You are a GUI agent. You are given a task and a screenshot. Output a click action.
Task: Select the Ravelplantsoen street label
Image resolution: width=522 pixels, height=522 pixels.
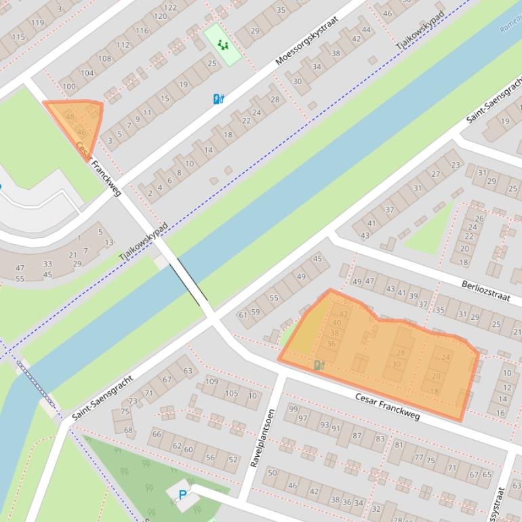[x=262, y=438]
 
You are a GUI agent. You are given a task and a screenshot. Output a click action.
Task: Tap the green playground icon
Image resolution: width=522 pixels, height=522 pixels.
[x=222, y=45]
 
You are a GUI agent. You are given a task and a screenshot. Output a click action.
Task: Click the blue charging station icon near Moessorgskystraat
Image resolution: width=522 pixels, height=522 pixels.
[x=218, y=99]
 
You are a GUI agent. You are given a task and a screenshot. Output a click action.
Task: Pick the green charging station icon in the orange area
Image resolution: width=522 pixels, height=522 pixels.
[x=319, y=365]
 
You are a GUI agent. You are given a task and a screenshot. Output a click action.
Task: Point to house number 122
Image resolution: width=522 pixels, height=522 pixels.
[x=170, y=7]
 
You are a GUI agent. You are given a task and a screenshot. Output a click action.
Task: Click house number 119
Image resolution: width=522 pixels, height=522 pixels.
[x=37, y=23]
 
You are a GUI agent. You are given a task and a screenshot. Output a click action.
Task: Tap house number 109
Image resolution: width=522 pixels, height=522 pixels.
[x=212, y=382]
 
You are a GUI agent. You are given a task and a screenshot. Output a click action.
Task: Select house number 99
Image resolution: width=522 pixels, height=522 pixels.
[x=293, y=409]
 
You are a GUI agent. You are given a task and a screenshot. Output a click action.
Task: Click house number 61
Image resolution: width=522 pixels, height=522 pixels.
[x=243, y=315]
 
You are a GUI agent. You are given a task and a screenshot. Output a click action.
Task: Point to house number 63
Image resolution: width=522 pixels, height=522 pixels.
[x=188, y=371]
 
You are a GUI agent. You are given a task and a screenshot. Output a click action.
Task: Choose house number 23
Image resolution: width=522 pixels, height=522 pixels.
[x=455, y=165]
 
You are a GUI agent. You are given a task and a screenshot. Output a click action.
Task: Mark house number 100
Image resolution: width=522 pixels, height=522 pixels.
[x=68, y=86]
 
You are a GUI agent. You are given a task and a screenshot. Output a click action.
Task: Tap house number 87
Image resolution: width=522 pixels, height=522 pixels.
[x=357, y=434]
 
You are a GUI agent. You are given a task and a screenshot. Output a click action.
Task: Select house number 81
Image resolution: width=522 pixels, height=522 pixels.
[x=399, y=445]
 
